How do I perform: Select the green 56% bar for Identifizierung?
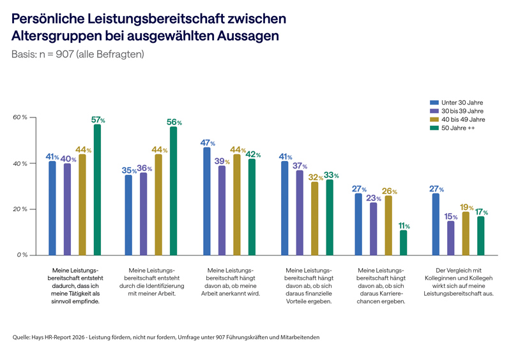(x=173, y=191)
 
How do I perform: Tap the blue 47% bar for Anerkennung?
(x=207, y=201)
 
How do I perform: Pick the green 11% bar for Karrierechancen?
(x=402, y=243)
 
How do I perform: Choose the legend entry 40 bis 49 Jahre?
(x=458, y=119)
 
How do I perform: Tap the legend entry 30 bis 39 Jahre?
(x=458, y=110)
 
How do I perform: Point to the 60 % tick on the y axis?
(x=20, y=117)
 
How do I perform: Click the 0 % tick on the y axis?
(x=22, y=255)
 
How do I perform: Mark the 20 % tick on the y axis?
(x=20, y=209)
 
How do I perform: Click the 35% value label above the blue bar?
(x=128, y=170)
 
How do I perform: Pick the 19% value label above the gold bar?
(x=466, y=207)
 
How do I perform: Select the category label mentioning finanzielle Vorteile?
(x=309, y=285)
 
